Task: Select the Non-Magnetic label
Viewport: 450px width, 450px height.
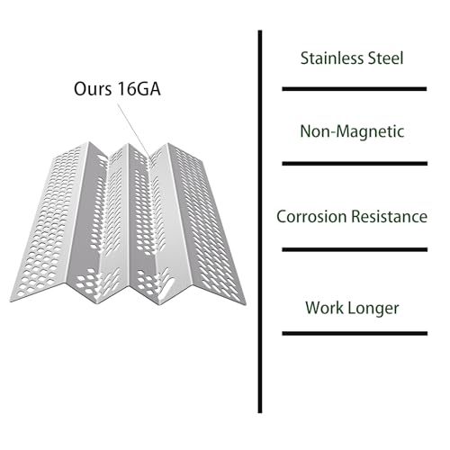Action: pyautogui.click(x=352, y=131)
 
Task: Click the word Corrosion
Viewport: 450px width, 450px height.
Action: pyautogui.click(x=311, y=216)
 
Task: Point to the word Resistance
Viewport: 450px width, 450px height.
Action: pyautogui.click(x=390, y=216)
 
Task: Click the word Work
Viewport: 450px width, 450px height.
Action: pyautogui.click(x=324, y=308)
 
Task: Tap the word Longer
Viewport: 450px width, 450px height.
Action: pyautogui.click(x=373, y=309)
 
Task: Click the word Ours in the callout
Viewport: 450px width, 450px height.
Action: pyautogui.click(x=93, y=89)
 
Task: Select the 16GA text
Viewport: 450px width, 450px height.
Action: pyautogui.click(x=139, y=89)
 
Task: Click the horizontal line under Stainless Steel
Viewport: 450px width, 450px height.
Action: pyautogui.click(x=355, y=89)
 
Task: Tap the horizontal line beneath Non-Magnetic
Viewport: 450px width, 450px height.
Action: pyautogui.click(x=355, y=164)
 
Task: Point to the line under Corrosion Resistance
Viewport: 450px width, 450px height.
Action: pyautogui.click(x=355, y=249)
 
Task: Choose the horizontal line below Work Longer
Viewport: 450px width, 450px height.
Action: pyautogui.click(x=355, y=333)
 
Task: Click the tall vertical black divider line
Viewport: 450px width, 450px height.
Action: pyautogui.click(x=260, y=221)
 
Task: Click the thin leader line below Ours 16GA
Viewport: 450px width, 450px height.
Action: pyautogui.click(x=134, y=130)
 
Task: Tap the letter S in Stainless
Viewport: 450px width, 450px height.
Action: pyautogui.click(x=305, y=58)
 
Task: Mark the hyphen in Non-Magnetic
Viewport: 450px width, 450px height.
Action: pyautogui.click(x=331, y=133)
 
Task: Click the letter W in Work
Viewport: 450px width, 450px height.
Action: pyautogui.click(x=313, y=308)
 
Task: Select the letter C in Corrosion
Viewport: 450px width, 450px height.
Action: pyautogui.click(x=282, y=217)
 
